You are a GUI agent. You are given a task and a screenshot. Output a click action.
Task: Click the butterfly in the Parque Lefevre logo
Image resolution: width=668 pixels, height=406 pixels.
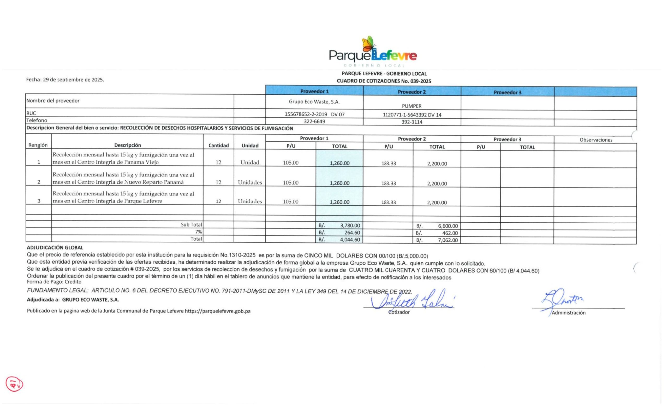[x=368, y=44]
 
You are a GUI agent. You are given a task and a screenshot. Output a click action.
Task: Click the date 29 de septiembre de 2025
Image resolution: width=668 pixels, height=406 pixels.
[x=73, y=80]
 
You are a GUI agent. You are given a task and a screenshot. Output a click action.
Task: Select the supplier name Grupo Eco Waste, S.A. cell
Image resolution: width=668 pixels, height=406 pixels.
[x=314, y=102]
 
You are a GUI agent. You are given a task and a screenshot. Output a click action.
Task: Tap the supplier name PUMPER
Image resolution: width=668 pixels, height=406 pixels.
[x=411, y=106]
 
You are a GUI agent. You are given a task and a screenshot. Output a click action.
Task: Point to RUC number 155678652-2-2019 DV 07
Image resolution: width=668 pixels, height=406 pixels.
[x=314, y=114]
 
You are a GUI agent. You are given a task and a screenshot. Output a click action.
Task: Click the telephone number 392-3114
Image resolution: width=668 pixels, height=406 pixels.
[x=411, y=122]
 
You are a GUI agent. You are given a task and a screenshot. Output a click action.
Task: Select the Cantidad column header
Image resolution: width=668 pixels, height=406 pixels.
[x=218, y=146]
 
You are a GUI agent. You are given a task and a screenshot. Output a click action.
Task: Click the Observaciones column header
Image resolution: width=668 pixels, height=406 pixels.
[x=596, y=140]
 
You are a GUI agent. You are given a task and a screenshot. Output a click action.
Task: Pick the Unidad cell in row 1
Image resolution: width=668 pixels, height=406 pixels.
[x=250, y=162]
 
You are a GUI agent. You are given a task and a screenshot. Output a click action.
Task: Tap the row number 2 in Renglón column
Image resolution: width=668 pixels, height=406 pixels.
[x=39, y=182]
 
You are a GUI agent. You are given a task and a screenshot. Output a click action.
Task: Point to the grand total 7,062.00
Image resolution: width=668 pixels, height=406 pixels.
[x=448, y=240]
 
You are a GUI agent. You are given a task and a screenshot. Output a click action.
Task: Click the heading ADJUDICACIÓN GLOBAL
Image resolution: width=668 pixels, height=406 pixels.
[x=55, y=247]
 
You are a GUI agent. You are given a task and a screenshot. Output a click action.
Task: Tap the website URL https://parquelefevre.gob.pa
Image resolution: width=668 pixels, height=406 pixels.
[x=217, y=311]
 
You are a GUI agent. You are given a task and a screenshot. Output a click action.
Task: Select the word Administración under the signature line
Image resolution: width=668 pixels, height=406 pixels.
[x=569, y=313]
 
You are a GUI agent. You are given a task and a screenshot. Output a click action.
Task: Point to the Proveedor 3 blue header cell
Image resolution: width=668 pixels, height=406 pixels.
[x=507, y=92]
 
